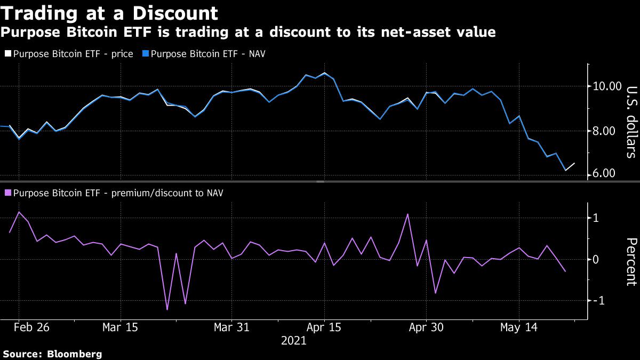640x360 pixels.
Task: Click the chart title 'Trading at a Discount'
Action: [x=109, y=12]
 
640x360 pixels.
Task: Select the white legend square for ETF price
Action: [x=7, y=54]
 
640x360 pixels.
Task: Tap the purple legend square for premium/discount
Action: [x=7, y=193]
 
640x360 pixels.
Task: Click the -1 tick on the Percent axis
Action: [x=598, y=301]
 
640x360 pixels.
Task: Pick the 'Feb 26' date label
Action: [x=31, y=327]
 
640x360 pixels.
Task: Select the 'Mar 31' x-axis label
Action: [x=231, y=327]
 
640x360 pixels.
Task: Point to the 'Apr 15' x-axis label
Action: [x=325, y=327]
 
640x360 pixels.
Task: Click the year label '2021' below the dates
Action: [x=294, y=341]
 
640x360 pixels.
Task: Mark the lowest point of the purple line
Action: [x=167, y=309]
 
